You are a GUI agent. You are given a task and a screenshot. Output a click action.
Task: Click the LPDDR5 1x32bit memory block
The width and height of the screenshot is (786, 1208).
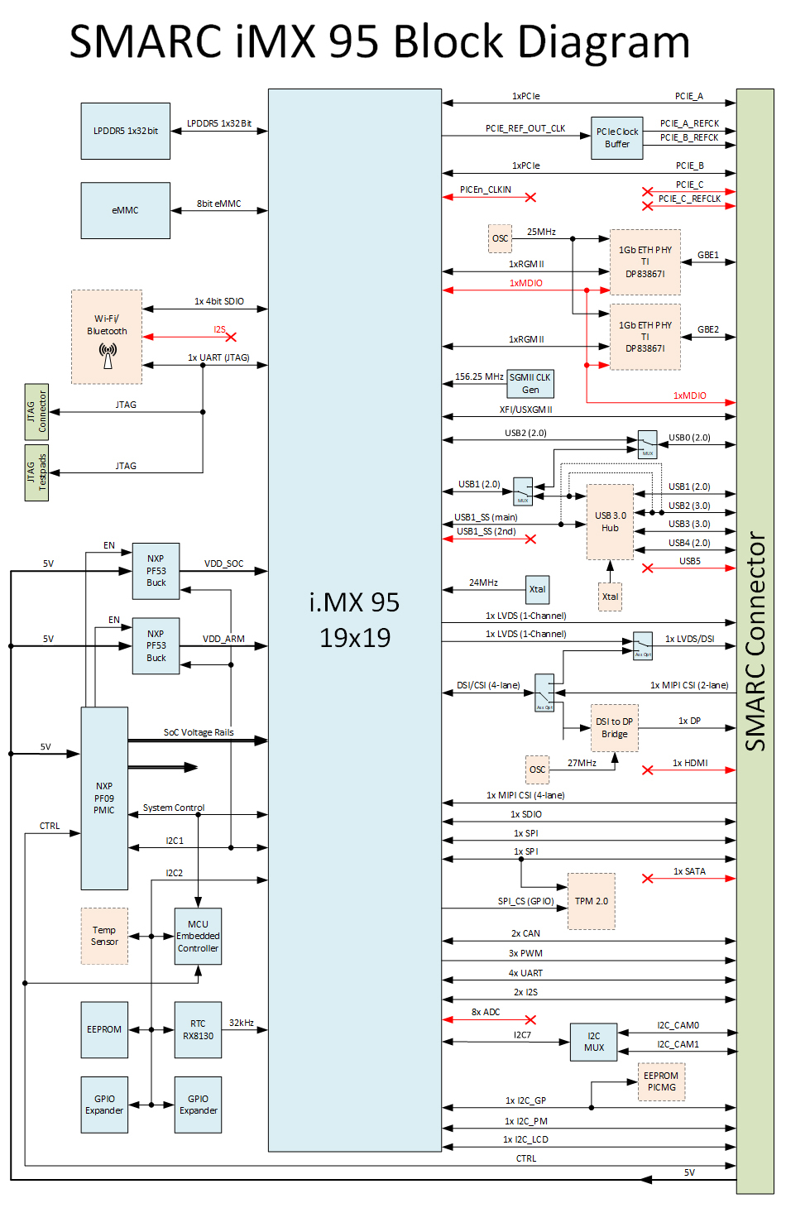(x=126, y=131)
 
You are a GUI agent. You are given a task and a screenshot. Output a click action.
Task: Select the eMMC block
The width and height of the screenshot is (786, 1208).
(x=126, y=210)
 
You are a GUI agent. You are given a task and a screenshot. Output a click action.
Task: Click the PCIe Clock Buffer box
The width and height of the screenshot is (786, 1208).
(x=617, y=138)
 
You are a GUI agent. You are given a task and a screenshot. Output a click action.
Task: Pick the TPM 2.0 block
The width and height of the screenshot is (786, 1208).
(x=592, y=901)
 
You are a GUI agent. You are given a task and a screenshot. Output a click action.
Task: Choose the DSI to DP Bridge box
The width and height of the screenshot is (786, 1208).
(x=614, y=728)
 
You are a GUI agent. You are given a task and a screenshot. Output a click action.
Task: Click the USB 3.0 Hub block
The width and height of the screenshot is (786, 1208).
(x=610, y=522)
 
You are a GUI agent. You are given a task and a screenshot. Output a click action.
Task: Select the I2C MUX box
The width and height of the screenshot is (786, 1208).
(x=594, y=1042)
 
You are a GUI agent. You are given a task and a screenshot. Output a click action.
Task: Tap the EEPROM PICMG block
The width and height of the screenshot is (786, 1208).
(x=661, y=1081)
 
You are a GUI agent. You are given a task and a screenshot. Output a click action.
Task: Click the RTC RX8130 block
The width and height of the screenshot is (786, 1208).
(x=198, y=1029)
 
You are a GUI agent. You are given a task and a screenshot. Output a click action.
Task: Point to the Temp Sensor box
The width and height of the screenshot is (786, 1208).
(x=104, y=936)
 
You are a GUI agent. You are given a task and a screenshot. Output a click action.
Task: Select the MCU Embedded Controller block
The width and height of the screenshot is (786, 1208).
(x=198, y=937)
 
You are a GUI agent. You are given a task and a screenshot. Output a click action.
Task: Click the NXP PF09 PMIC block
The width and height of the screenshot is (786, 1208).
(x=104, y=798)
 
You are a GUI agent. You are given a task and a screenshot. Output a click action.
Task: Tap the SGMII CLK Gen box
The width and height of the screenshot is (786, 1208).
(x=530, y=383)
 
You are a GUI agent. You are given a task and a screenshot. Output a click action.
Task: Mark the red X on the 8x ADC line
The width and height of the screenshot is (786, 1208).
(x=530, y=1019)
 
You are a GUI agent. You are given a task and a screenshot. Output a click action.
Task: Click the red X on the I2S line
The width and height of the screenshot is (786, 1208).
(x=231, y=337)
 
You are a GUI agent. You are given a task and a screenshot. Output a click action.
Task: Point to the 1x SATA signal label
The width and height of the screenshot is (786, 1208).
(x=689, y=871)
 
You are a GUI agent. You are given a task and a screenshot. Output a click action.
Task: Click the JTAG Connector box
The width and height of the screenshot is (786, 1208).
(x=36, y=411)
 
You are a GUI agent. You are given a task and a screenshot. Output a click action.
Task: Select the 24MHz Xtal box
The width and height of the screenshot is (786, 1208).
(x=537, y=589)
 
